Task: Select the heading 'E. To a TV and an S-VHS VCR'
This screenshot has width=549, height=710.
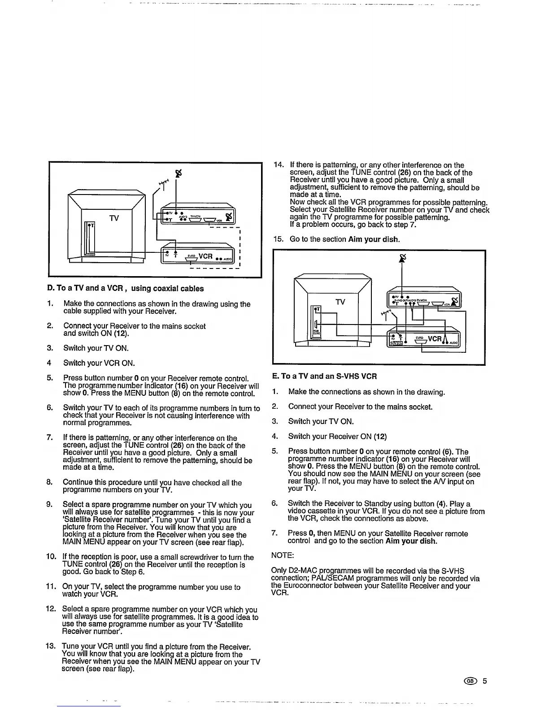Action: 324,376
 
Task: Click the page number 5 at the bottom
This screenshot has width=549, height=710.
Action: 484,681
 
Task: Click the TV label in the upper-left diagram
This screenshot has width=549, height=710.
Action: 114,218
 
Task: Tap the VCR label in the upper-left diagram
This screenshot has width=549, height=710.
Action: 205,256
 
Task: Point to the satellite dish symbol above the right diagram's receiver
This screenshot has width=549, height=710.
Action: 402,257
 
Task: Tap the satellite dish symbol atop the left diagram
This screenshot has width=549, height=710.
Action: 179,173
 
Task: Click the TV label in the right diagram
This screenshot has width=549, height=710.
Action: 341,302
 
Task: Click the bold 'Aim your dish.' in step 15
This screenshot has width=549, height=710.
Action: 374,239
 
